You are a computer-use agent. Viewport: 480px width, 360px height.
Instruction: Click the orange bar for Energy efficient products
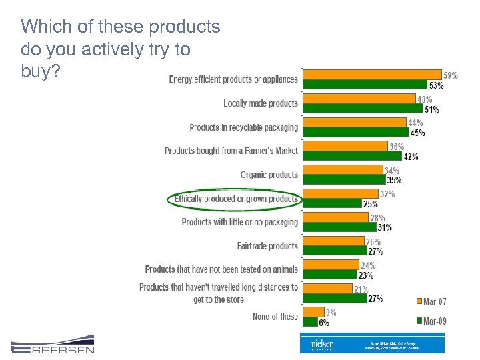pyautogui.click(x=371, y=74)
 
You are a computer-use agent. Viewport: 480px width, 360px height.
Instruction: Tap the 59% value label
pyautogui.click(x=451, y=75)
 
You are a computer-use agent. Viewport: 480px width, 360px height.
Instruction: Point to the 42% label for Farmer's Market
pyautogui.click(x=411, y=157)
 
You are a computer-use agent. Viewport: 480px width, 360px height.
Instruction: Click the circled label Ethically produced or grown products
pyautogui.click(x=235, y=199)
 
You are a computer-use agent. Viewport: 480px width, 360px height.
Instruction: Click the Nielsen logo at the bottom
pyautogui.click(x=323, y=344)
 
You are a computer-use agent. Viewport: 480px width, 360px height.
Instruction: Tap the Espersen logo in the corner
pyautogui.click(x=53, y=345)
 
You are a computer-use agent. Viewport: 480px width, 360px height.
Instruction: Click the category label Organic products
pyautogui.click(x=269, y=175)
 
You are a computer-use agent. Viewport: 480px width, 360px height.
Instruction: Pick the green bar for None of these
pyautogui.click(x=310, y=322)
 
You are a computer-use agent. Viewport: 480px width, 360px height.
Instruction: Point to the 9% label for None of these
pyautogui.click(x=331, y=312)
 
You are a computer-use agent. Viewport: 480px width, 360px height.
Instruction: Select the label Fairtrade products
pyautogui.click(x=267, y=246)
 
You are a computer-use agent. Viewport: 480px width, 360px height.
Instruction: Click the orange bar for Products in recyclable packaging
pyautogui.click(x=355, y=122)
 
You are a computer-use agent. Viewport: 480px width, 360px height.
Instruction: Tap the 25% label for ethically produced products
pyautogui.click(x=371, y=204)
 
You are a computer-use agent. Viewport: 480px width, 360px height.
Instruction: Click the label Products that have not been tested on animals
pyautogui.click(x=221, y=269)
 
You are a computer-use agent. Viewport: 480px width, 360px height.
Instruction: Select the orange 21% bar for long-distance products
pyautogui.click(x=327, y=289)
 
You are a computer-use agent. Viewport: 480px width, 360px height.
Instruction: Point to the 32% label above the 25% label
pyautogui.click(x=387, y=195)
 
